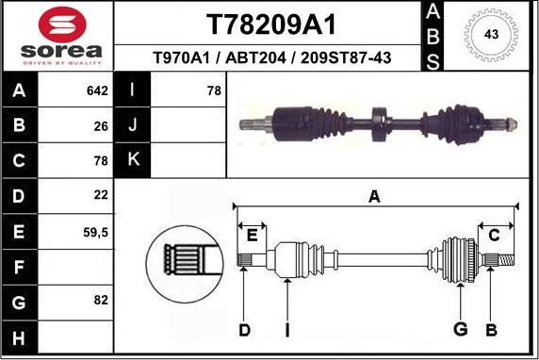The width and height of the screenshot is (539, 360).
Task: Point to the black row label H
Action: coord(20,336)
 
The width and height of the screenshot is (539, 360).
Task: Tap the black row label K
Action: coord(133,160)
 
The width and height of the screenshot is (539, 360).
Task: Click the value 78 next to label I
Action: coord(213,91)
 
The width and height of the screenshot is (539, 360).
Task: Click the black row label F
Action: coord(20,267)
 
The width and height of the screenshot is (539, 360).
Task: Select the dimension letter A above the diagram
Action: coord(374,197)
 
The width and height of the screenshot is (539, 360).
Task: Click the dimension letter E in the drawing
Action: coord(252,236)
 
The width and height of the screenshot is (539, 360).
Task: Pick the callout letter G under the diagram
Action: coord(461,329)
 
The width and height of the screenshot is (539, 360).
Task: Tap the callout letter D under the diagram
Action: coord(244,329)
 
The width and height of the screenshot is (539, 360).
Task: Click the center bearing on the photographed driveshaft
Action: coord(380,122)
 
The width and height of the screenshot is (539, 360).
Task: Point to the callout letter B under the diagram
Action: coord(490,329)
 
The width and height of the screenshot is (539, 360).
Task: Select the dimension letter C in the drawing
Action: coord(494,236)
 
